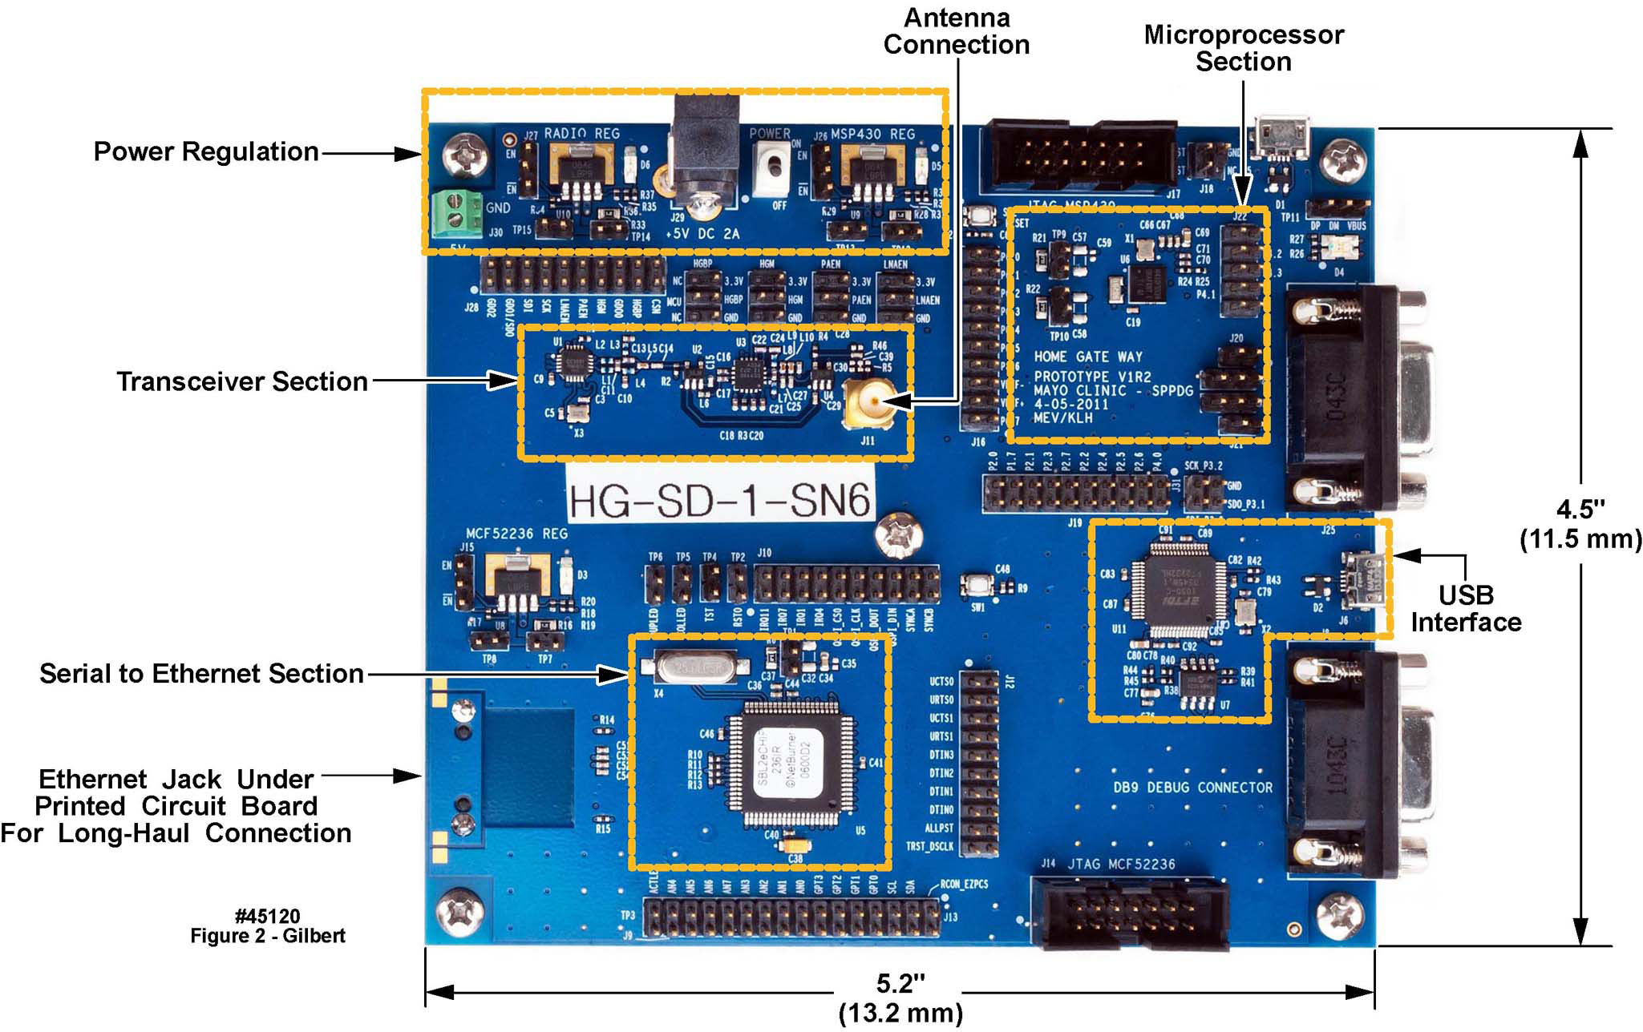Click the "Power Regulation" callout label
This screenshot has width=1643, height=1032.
206,151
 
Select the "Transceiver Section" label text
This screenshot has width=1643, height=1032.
242,381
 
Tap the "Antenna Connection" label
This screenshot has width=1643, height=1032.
956,31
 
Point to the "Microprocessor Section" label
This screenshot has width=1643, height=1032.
1243,48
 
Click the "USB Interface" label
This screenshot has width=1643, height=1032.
1466,608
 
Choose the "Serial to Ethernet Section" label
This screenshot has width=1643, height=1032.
201,674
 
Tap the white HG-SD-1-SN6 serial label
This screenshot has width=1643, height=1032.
719,502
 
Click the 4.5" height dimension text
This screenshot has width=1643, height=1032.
1580,524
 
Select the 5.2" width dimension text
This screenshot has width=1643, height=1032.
900,998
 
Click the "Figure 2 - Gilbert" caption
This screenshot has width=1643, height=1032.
268,936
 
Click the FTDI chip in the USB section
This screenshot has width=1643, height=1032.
1178,591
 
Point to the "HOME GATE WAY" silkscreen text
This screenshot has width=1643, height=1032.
1087,357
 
